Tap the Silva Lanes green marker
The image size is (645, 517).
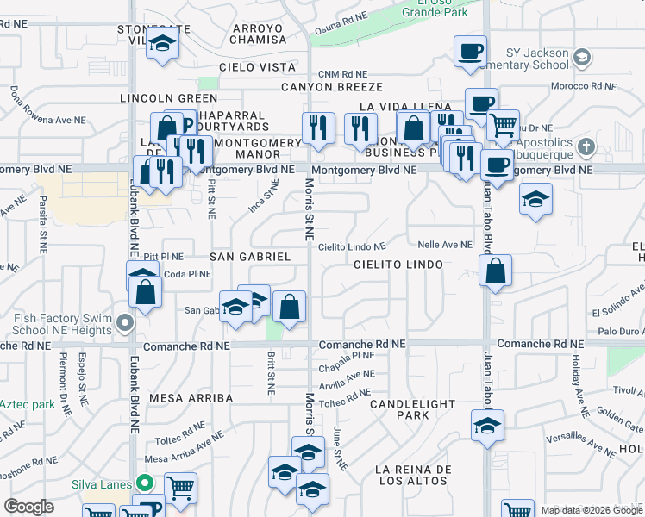146,483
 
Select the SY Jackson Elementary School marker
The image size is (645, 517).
582,57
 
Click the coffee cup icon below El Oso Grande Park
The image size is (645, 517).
470,52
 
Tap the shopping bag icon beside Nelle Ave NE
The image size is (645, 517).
496,271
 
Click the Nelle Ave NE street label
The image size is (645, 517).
445,245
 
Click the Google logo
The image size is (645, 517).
28,507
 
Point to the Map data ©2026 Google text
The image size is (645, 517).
591,510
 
